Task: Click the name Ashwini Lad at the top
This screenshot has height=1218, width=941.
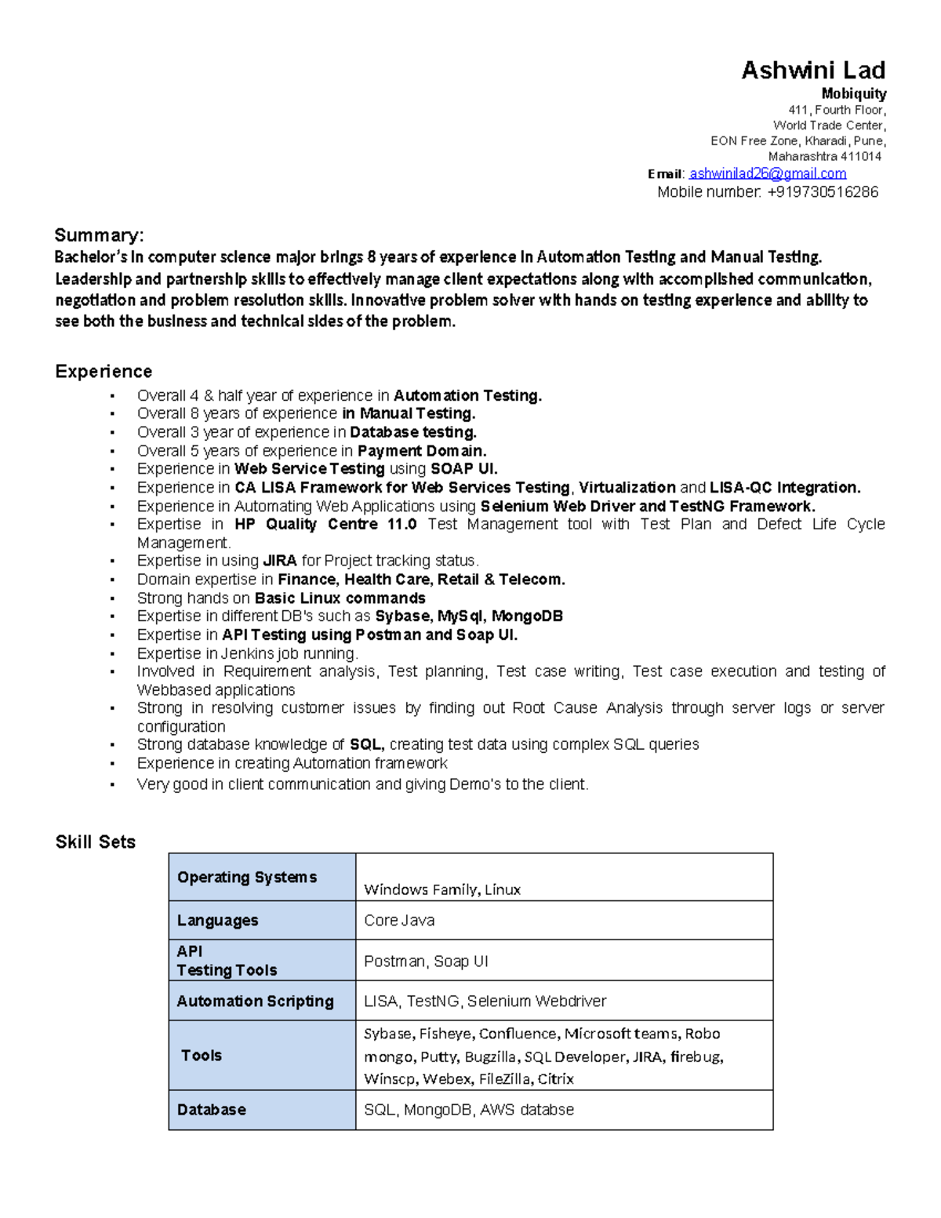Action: (813, 71)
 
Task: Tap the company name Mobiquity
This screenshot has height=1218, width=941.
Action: (853, 94)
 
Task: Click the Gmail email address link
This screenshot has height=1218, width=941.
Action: (767, 173)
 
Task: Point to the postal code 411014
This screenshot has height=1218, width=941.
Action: (861, 156)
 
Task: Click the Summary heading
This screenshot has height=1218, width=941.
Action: (99, 235)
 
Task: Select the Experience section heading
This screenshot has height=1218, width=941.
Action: (104, 371)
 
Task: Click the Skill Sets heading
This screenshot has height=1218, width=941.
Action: (95, 842)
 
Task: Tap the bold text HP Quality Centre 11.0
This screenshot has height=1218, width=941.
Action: (325, 524)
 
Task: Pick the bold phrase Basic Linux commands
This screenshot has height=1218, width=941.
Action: (340, 598)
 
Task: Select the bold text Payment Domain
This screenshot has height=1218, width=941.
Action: (422, 451)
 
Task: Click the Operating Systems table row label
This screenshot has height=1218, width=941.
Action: (247, 877)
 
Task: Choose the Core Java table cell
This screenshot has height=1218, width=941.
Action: (399, 920)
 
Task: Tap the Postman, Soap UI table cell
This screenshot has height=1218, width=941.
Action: (426, 961)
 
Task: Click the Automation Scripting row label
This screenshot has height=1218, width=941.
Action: (255, 1001)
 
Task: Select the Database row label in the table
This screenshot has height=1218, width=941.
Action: (211, 1110)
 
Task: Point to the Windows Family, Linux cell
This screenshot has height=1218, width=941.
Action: (442, 889)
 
